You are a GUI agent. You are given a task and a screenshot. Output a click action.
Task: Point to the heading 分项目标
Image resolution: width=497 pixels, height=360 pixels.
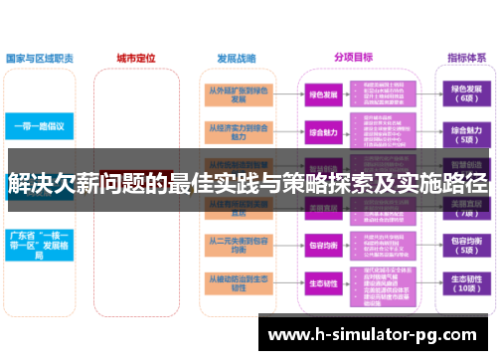pyautogui.click(x=353, y=57)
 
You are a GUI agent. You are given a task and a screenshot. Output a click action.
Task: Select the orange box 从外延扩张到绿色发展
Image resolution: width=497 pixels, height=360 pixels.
pyautogui.click(x=238, y=93)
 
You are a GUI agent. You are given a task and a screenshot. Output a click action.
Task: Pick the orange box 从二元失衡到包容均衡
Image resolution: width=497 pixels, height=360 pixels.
pyautogui.click(x=238, y=245)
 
